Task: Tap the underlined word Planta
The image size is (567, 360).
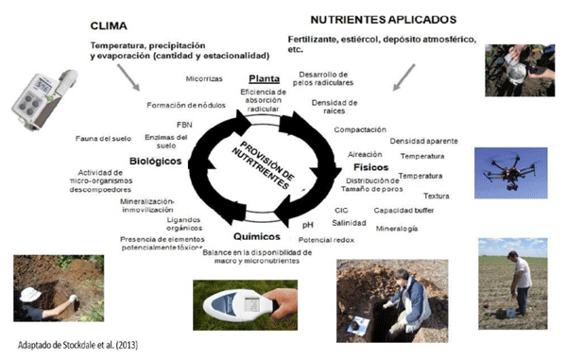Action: click(x=260, y=77)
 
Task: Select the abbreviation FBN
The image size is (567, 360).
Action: click(x=184, y=124)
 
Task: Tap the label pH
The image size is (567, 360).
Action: click(x=307, y=225)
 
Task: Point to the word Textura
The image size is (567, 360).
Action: click(x=436, y=196)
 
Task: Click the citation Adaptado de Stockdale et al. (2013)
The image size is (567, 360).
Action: click(x=72, y=344)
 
